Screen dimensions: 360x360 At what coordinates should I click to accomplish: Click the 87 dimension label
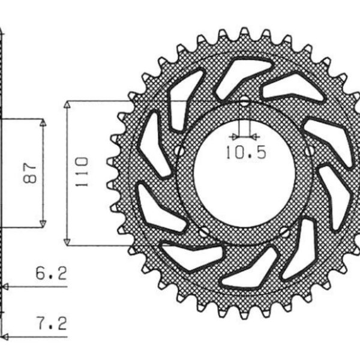33,172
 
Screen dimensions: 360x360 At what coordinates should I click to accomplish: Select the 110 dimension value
82,172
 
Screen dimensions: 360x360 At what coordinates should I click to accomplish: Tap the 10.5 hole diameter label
245,153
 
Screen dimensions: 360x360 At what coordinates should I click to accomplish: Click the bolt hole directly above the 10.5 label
244,102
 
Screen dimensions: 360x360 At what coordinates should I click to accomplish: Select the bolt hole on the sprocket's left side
178,149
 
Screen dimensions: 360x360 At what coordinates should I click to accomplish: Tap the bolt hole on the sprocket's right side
310,151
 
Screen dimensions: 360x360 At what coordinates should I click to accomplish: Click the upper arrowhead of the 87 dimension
43,122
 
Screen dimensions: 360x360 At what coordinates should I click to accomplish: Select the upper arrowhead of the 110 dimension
68,105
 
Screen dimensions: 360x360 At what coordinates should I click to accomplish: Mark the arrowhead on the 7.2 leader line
5,338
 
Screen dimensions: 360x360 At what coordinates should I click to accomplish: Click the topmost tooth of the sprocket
244,31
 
